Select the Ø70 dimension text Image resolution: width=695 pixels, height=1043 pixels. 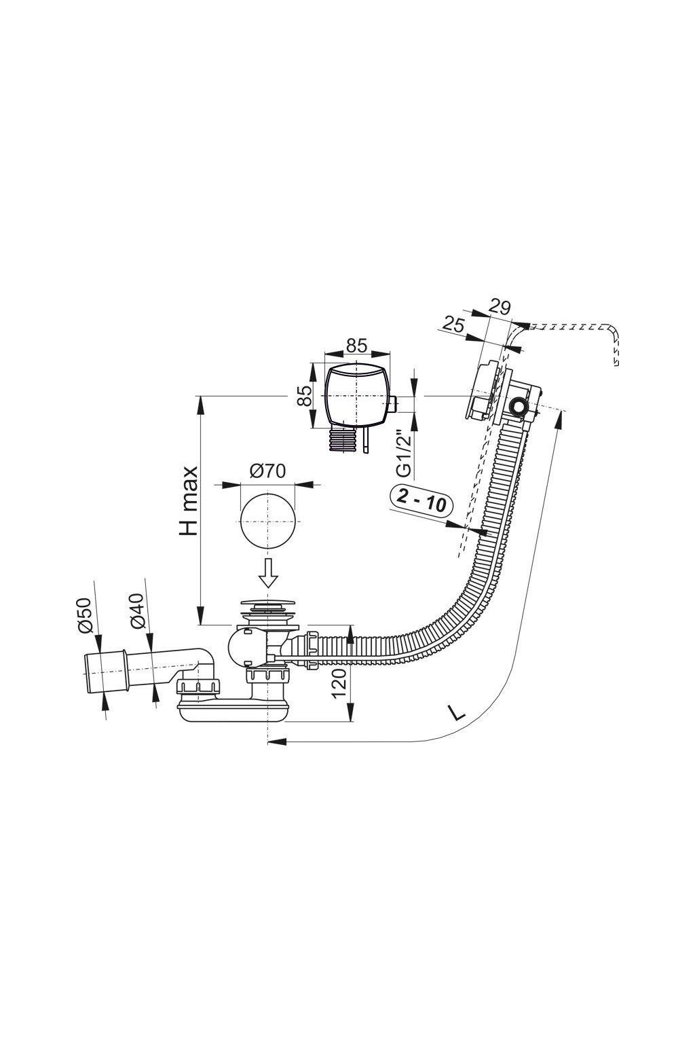[x=267, y=471]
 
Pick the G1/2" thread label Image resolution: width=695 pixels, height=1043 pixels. [x=404, y=456]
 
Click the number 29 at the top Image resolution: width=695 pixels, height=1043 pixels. [x=500, y=307]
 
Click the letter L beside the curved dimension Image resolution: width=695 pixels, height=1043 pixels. [x=455, y=712]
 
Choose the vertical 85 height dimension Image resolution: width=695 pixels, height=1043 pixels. [x=304, y=396]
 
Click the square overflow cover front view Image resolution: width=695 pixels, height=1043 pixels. [x=357, y=397]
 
